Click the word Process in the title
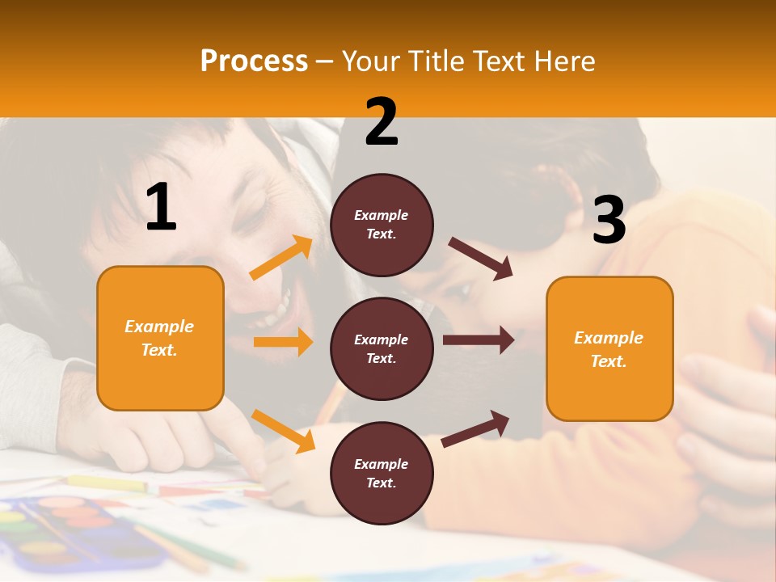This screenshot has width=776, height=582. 254,61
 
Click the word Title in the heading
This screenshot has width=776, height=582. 436,61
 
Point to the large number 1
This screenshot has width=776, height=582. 161,209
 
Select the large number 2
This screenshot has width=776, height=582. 382,122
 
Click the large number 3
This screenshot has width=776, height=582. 609,220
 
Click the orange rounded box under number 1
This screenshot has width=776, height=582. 160,338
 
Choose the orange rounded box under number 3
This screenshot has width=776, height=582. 609,348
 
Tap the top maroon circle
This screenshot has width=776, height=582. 382,225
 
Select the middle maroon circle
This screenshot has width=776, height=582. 382,348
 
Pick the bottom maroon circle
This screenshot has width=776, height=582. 382,473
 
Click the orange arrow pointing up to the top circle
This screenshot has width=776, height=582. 280,258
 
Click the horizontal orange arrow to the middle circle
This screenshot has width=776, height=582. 283,342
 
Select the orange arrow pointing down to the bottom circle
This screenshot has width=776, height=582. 283,430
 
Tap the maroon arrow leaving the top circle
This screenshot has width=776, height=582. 480,258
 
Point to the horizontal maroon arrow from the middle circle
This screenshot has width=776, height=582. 478,340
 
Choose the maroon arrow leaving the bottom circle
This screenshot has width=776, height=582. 475,428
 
